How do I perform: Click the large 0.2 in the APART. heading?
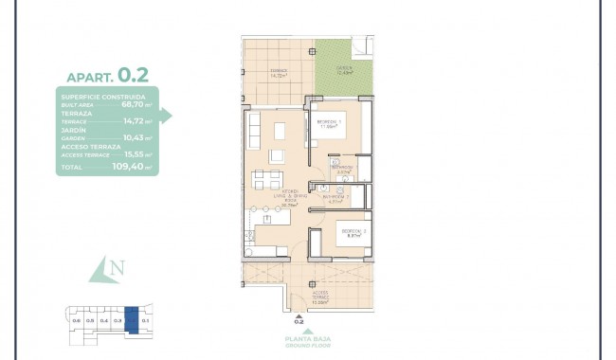pyautogui.click(x=133, y=73)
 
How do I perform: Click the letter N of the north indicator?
pyautogui.click(x=117, y=269)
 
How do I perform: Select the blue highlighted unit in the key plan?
pyautogui.click(x=132, y=319)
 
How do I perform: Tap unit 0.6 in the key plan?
pyautogui.click(x=76, y=321)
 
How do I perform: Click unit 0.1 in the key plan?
pyautogui.click(x=145, y=321)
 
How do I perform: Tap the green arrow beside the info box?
pyautogui.click(x=166, y=115)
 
